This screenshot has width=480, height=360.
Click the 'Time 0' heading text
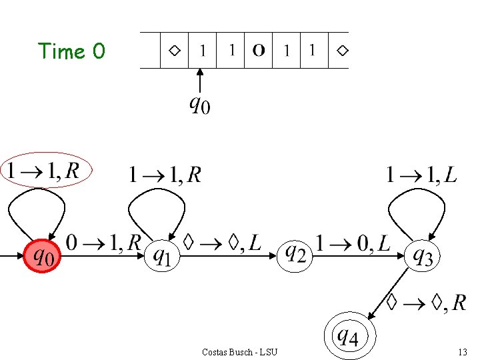[71, 51]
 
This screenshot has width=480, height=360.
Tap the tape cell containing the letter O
[259, 50]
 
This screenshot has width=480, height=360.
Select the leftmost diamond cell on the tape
[174, 50]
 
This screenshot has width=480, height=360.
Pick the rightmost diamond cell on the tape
[342, 50]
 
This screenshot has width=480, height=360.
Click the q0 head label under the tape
[199, 104]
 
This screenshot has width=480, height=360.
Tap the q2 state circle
[295, 254]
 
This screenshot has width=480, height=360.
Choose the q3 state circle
[423, 255]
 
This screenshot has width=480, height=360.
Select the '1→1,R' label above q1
[165, 175]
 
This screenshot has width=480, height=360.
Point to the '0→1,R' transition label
[103, 242]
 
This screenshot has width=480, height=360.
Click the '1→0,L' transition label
[353, 243]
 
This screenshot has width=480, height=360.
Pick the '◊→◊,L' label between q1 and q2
[222, 243]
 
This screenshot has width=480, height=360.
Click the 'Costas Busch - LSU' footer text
[239, 351]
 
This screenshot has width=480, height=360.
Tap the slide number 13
[462, 351]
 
